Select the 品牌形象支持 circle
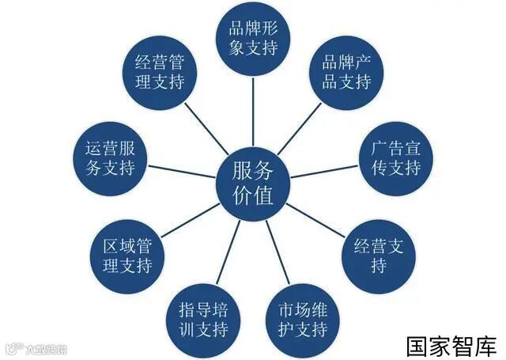click(254, 38)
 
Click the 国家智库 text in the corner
click(451, 346)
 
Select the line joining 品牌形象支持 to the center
click(254, 110)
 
